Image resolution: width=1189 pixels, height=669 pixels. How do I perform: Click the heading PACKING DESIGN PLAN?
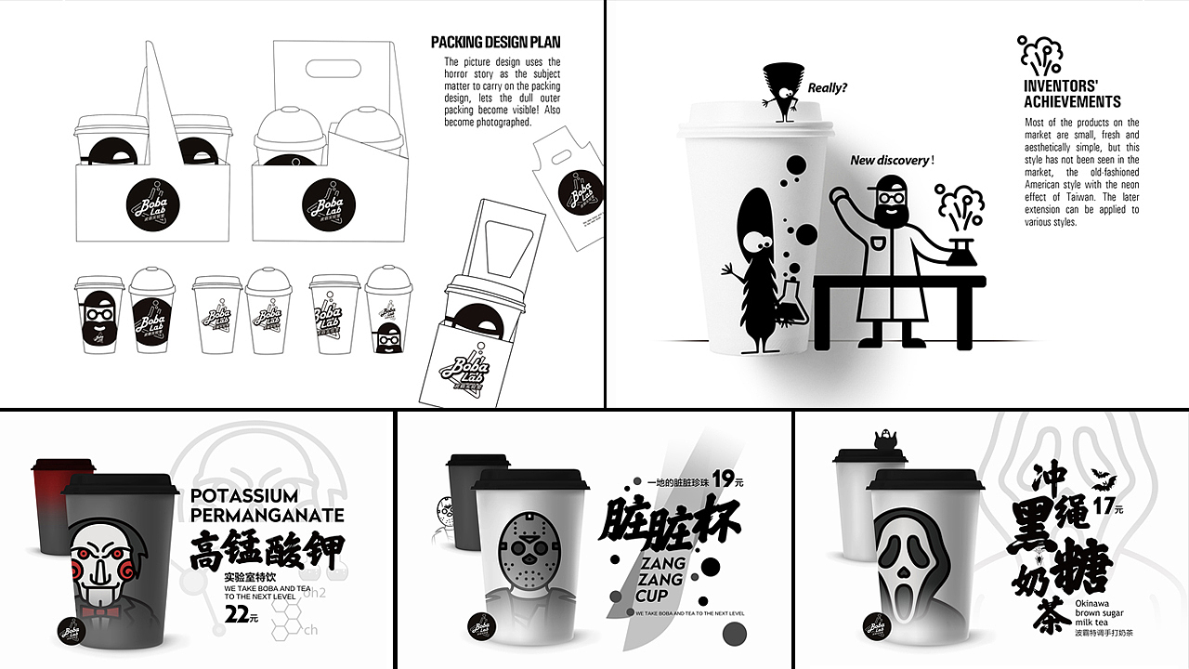pyautogui.click(x=495, y=42)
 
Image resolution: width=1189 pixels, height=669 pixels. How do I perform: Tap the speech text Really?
pyautogui.click(x=827, y=88)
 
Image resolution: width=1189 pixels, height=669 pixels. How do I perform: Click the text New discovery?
pyautogui.click(x=892, y=161)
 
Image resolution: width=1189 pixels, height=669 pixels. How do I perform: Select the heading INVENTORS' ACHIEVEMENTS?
pyautogui.click(x=1072, y=94)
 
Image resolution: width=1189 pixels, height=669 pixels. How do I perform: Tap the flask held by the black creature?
pyautogui.click(x=795, y=302)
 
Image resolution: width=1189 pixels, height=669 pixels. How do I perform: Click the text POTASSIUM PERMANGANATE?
pyautogui.click(x=267, y=505)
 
